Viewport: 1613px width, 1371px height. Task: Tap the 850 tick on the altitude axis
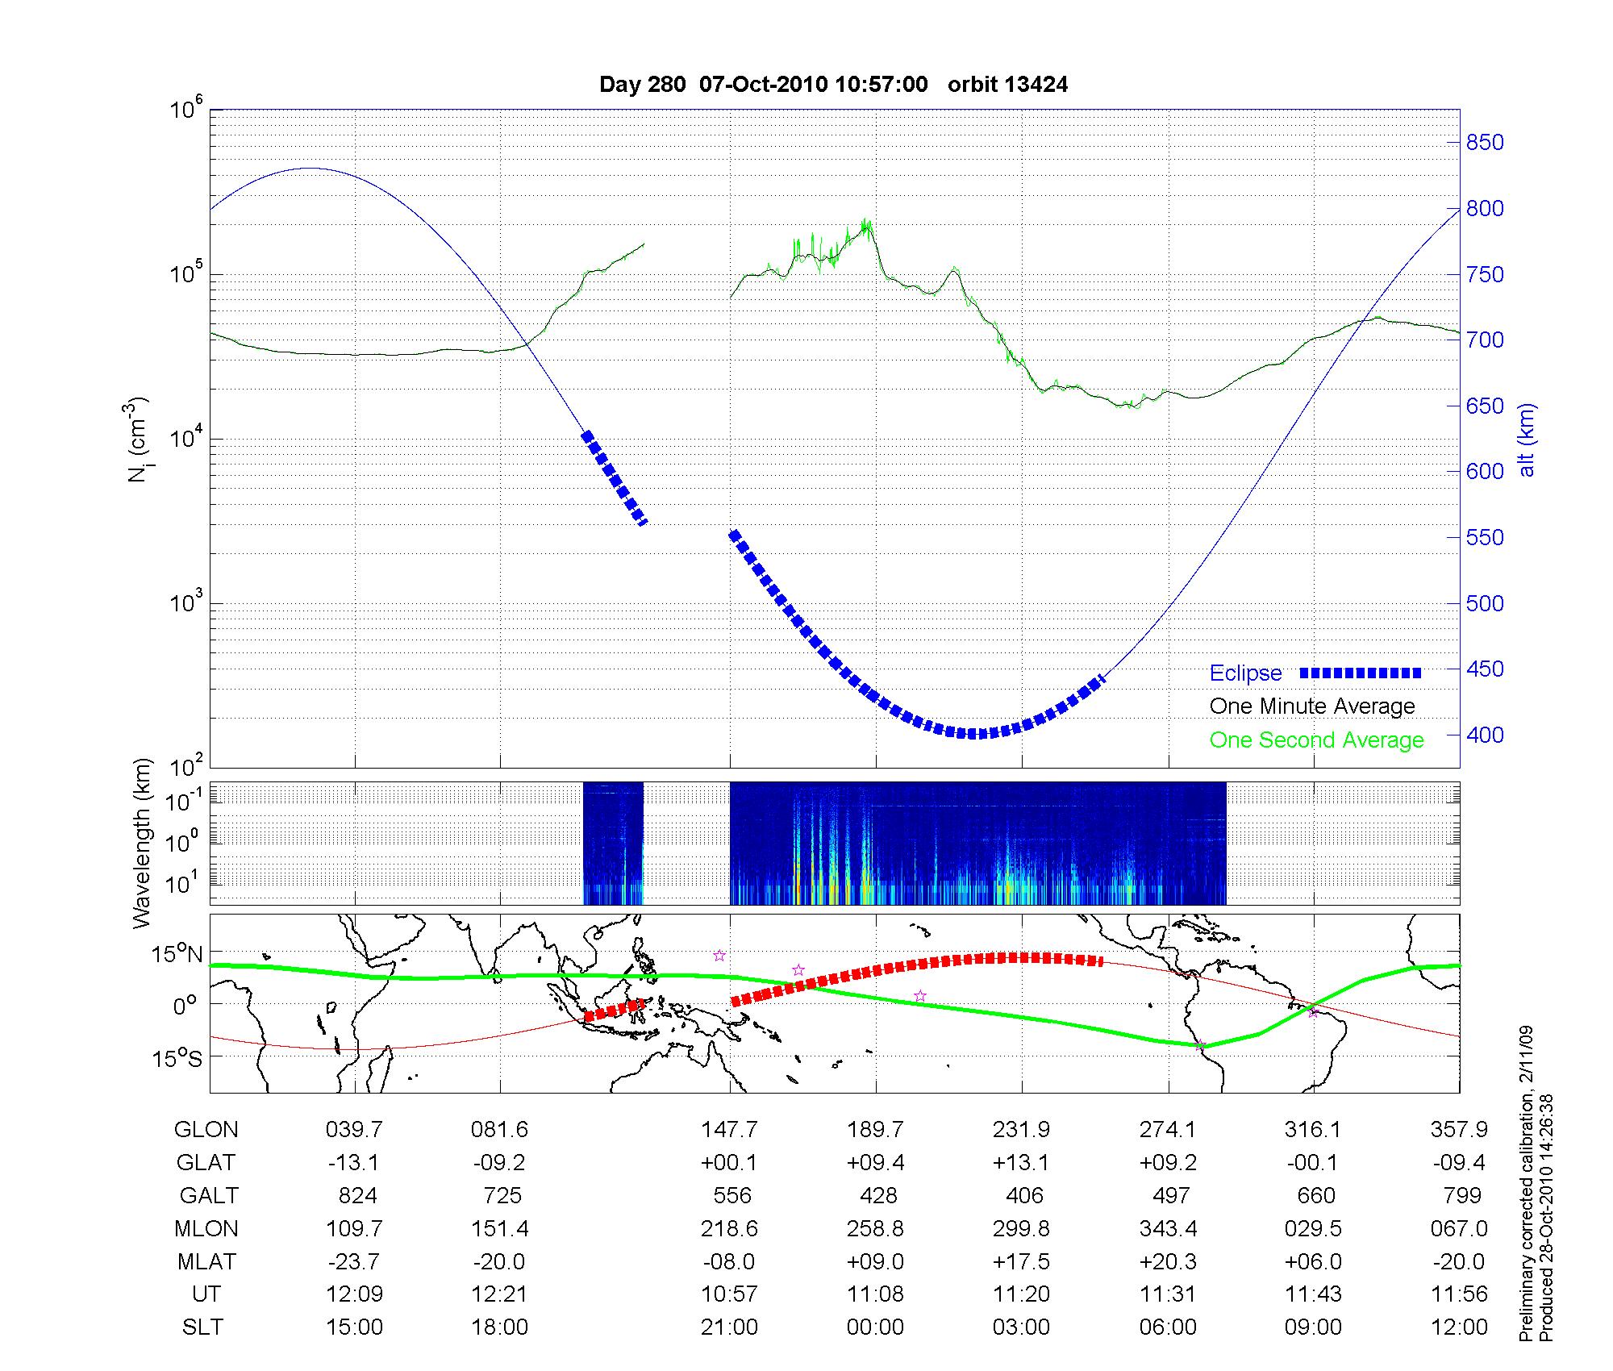click(1485, 143)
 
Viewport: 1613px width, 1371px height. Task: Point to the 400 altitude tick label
click(1485, 735)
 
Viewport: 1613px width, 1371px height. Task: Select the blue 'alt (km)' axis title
click(1527, 440)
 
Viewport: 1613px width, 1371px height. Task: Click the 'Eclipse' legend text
click(1245, 673)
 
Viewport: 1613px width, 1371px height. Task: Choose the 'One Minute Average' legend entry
click(1312, 706)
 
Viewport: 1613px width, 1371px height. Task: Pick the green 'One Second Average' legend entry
click(1316, 740)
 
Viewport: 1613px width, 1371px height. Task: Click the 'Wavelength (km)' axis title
click(142, 844)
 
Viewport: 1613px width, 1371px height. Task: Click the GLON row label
click(206, 1130)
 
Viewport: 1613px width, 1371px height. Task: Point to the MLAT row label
click(206, 1261)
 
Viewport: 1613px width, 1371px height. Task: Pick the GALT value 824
click(357, 1195)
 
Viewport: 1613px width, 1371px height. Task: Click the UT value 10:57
click(729, 1294)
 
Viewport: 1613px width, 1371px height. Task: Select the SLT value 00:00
click(875, 1327)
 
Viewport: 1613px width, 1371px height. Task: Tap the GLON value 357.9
click(1459, 1130)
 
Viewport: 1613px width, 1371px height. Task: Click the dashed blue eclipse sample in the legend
click(1361, 673)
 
